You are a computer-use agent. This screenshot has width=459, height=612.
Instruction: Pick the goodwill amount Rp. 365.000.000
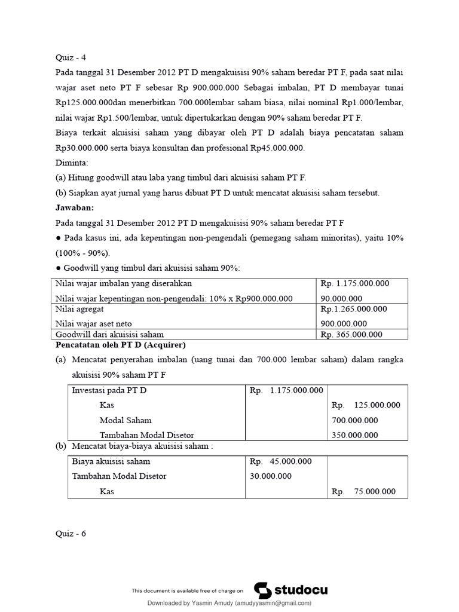351,335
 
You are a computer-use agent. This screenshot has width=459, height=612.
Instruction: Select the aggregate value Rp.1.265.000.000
353,309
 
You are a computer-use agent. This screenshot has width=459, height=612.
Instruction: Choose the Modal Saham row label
126,420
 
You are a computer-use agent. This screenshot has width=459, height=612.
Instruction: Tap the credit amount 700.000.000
355,420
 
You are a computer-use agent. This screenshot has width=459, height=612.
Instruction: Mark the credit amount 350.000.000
355,435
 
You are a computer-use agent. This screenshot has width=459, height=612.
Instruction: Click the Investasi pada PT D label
109,390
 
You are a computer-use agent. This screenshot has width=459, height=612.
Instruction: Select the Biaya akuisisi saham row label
111,461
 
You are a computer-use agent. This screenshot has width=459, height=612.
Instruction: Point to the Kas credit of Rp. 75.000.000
364,491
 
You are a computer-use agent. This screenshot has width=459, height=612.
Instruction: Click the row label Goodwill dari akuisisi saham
109,335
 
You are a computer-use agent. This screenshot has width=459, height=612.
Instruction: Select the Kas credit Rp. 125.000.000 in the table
366,405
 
